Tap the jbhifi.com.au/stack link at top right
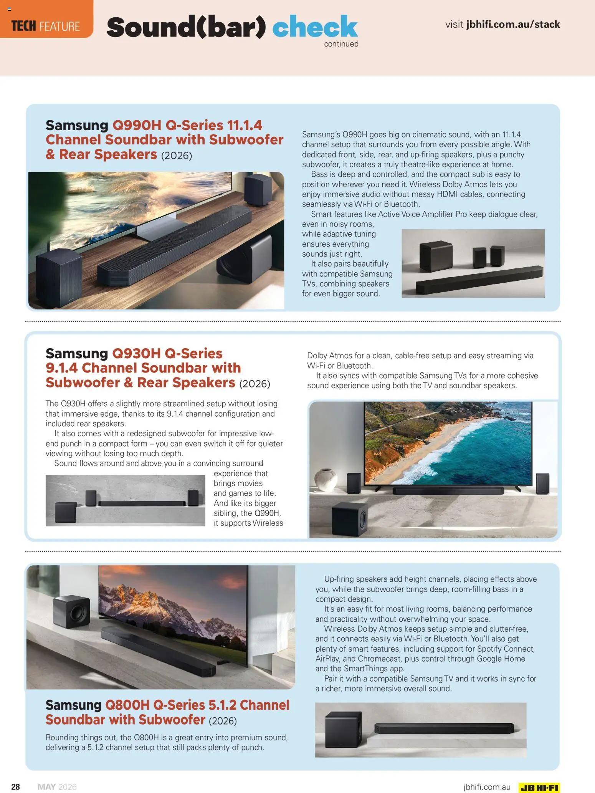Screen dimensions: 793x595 [x=513, y=24]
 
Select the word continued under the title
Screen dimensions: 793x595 [x=341, y=44]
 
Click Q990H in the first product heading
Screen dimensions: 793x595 [x=137, y=125]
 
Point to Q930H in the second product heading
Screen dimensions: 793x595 [x=136, y=353]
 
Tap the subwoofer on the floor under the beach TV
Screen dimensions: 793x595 [x=349, y=518]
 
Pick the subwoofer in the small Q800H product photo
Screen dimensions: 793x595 [x=343, y=728]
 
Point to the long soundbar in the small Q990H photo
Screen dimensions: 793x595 [x=480, y=280]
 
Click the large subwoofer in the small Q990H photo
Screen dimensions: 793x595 [x=436, y=255]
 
